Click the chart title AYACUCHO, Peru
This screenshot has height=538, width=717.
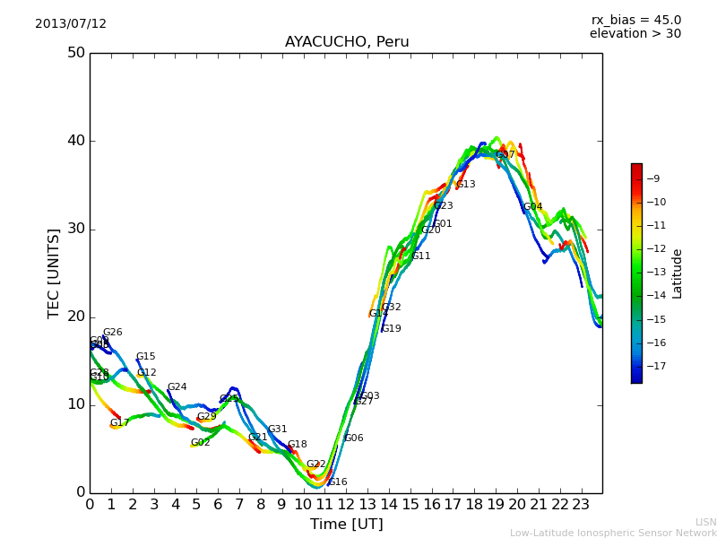347,42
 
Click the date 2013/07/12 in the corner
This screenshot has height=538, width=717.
71,24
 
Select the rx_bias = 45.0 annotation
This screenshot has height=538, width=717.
635,21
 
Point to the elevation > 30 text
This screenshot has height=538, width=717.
635,34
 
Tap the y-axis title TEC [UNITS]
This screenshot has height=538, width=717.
55,273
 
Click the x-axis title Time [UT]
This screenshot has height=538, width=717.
346,525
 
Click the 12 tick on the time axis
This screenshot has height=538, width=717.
346,505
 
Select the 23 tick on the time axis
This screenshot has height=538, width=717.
581,505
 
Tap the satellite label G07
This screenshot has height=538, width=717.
505,155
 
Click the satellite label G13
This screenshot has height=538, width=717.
466,185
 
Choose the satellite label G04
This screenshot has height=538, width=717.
533,207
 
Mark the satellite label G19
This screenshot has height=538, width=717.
392,329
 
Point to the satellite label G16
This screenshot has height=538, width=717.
338,482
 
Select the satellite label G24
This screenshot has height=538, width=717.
177,387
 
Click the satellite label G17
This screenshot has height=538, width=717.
120,423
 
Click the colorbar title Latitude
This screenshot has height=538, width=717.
678,273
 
